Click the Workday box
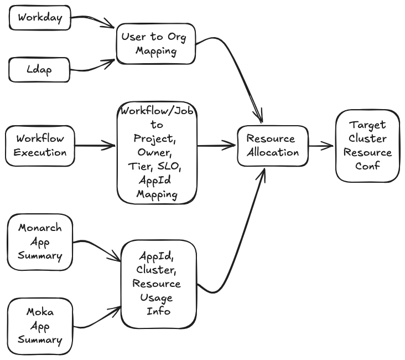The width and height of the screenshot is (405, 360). (40, 18)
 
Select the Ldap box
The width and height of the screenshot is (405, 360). (40, 70)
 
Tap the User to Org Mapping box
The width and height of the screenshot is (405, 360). (156, 44)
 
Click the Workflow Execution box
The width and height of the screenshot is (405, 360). (40, 145)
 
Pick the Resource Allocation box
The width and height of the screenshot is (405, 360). (271, 146)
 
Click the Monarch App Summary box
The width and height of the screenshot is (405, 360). (40, 242)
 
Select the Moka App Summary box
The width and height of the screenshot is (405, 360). (40, 326)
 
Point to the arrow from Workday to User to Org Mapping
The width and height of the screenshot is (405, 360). (93, 20)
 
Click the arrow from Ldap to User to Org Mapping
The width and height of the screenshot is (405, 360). (93, 68)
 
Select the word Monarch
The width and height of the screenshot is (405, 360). (40, 228)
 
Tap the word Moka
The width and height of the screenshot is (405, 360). (40, 313)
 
